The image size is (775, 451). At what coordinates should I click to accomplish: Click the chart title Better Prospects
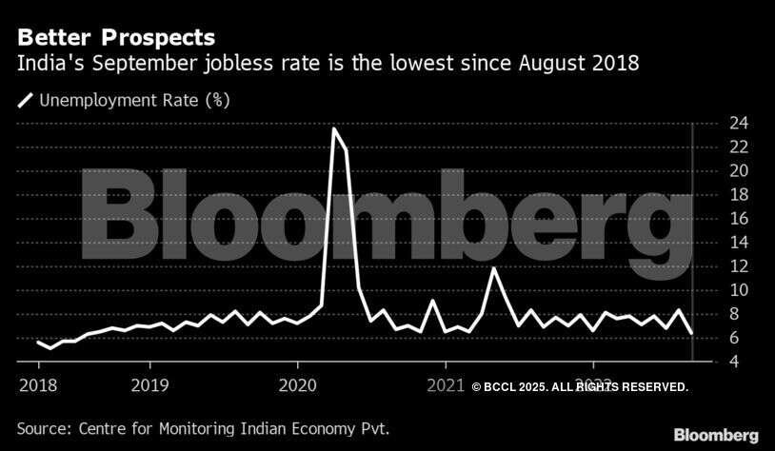[x=115, y=38]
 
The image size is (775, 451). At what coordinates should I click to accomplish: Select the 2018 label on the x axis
[x=38, y=385]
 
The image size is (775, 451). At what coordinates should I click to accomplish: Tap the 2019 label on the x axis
[x=149, y=385]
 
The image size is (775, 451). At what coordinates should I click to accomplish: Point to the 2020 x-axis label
[x=297, y=385]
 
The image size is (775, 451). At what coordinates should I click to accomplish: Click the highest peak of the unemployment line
[x=334, y=128]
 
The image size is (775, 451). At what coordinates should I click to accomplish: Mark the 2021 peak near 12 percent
[x=493, y=268]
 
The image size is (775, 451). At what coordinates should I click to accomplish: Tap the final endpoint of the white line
[x=691, y=334]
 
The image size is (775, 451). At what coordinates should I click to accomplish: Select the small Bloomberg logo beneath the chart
[x=716, y=435]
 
